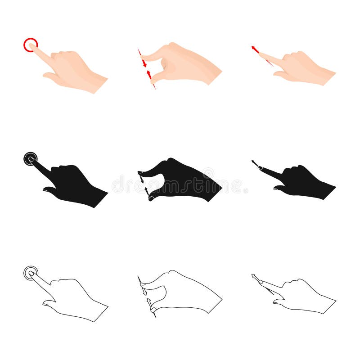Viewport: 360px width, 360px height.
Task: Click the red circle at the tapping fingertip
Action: coord(31,45)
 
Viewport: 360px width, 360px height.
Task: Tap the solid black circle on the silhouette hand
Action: coord(31,158)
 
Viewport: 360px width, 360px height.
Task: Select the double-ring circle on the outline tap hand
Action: coord(31,273)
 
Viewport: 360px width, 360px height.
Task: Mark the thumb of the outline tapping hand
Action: coord(49,304)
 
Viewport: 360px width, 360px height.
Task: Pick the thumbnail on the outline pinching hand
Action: coord(153,310)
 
